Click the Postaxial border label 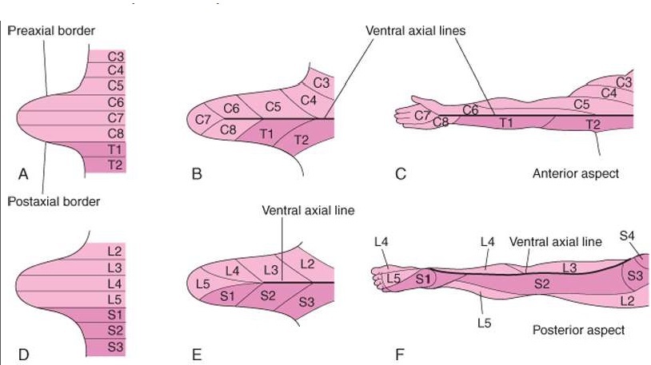(54, 201)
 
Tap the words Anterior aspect (575, 173)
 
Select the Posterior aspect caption (578, 329)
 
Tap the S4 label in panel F (629, 236)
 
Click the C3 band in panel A (115, 56)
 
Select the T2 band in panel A (115, 164)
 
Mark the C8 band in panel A (115, 133)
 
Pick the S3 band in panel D (115, 347)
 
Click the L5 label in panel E (202, 284)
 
